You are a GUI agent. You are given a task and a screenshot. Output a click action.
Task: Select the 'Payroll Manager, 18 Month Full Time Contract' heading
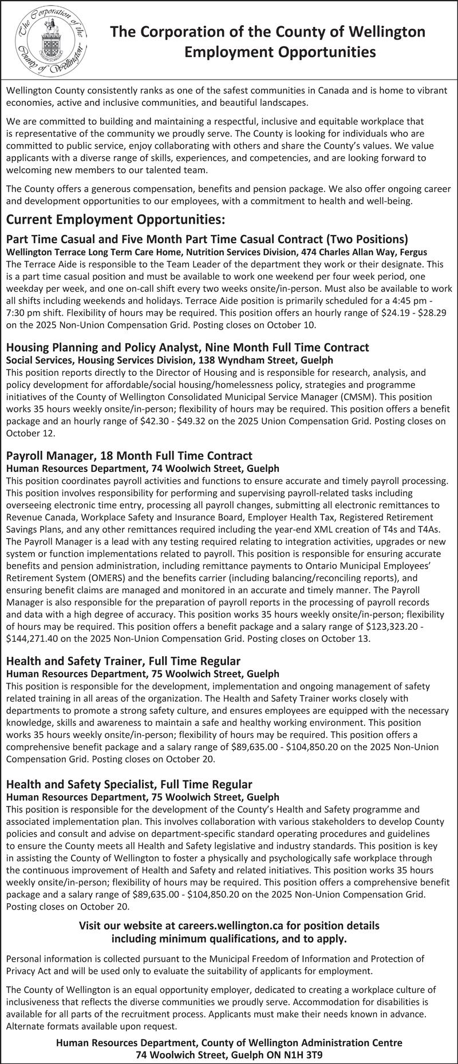[x=129, y=456]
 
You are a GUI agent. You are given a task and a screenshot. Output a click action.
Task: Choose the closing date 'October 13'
[x=349, y=638]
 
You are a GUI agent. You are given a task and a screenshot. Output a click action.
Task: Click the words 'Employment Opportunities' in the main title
[x=280, y=53]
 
